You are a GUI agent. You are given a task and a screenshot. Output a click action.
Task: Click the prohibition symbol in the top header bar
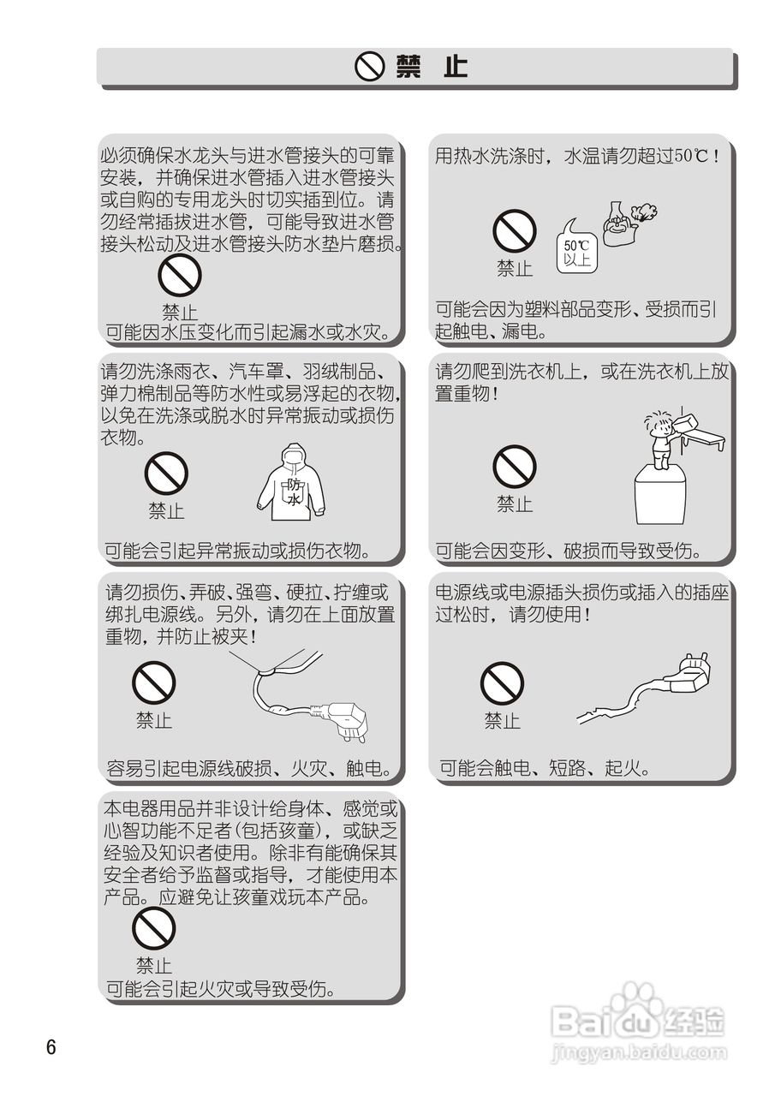(369, 67)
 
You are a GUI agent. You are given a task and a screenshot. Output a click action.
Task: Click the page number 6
(51, 1046)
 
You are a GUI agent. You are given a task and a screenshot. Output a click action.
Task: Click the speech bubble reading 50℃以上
(577, 247)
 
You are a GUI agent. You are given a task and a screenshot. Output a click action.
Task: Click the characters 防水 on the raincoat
(294, 491)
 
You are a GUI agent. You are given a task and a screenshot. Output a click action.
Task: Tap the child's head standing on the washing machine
(657, 427)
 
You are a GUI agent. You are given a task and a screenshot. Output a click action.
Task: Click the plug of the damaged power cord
(689, 673)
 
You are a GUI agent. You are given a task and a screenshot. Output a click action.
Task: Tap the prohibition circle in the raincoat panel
(166, 474)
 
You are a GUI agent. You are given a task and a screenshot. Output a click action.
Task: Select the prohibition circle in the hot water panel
(514, 231)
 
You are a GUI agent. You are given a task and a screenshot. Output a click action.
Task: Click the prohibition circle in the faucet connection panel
(180, 275)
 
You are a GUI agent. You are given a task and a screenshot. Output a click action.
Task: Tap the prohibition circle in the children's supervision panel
(153, 928)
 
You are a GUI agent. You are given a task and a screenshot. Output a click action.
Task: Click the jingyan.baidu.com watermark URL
(639, 1052)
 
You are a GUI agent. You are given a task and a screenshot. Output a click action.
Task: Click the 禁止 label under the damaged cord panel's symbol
(502, 720)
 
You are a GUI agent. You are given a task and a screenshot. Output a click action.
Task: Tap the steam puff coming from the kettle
(643, 212)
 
